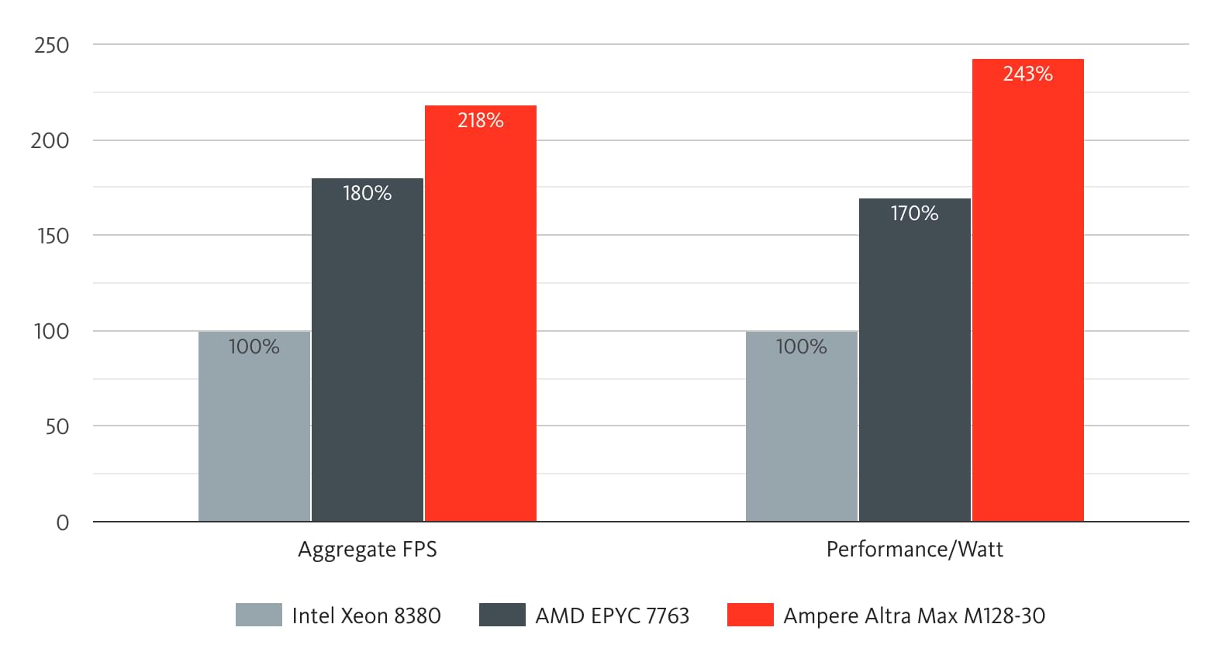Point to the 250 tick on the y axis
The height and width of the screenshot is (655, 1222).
tap(52, 45)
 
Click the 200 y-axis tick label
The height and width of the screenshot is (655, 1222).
tap(50, 140)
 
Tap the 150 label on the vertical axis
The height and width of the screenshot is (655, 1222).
tap(53, 236)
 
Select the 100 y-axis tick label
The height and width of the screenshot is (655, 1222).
tap(52, 331)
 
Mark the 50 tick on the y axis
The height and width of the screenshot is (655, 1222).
tap(57, 426)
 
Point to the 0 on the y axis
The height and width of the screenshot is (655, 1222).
tap(63, 522)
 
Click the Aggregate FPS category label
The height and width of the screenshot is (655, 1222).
tap(368, 550)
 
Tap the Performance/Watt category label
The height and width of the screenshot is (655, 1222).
tap(914, 550)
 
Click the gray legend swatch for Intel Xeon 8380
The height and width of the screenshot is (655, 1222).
tap(259, 615)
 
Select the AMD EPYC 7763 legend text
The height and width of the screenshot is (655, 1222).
tap(612, 615)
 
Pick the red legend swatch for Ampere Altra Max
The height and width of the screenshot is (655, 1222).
tap(750, 615)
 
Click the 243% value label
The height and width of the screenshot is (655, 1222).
tap(1027, 74)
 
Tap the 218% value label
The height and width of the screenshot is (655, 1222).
tap(480, 120)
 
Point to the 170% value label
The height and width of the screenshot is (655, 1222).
tap(914, 213)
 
